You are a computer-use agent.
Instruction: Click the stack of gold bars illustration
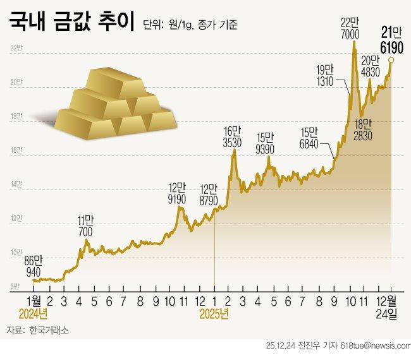[114, 104]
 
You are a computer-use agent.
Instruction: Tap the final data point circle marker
[391, 59]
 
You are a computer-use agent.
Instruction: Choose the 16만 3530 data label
[233, 138]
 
